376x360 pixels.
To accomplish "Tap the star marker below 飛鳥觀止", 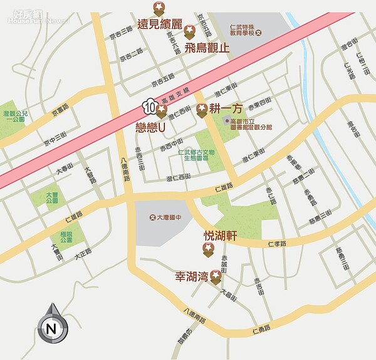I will point(190,31).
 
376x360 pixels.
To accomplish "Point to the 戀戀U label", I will point(150,126).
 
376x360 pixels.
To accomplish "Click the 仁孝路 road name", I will point(276,243).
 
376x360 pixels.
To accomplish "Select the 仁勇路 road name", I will point(259,328).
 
